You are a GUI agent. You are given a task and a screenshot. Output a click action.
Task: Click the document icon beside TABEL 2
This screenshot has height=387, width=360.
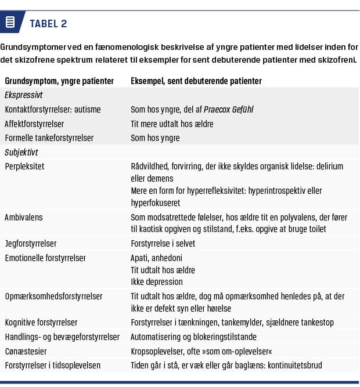pos(10,23)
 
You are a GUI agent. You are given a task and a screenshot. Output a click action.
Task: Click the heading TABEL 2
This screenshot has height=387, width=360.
pos(48,23)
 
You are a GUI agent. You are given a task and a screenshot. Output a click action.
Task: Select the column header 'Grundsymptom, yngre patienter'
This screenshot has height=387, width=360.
pos(59,81)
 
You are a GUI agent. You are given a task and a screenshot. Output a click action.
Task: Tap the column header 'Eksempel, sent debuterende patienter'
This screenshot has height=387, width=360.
pos(196,81)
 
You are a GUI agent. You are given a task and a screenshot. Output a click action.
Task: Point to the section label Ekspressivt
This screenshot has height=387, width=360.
pos(24,95)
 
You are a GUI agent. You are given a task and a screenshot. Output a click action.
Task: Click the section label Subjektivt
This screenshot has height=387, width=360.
pos(21,152)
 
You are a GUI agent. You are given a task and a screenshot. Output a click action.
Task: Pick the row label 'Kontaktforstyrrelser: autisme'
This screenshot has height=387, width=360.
pos(53,109)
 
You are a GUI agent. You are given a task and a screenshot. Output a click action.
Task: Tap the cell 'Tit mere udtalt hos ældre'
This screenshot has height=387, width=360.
pos(172,124)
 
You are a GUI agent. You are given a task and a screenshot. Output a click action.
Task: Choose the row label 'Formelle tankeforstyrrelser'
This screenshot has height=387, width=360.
pos(49,138)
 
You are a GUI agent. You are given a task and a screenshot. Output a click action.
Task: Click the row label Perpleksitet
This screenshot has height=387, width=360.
pos(24,167)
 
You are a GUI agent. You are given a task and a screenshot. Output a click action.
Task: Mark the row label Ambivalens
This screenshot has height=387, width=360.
pos(24,217)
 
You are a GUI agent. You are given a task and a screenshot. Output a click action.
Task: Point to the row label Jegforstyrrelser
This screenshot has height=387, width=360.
pos(31,244)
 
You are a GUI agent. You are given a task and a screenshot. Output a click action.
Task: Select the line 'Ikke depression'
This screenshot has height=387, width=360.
pos(156,281)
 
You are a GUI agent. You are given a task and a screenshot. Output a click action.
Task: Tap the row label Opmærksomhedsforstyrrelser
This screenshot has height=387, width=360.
pos(53,296)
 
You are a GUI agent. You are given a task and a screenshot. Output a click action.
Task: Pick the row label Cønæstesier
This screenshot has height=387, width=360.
pos(27,351)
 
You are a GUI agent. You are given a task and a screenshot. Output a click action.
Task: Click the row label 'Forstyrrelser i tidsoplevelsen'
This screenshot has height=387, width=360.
pos(53,366)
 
